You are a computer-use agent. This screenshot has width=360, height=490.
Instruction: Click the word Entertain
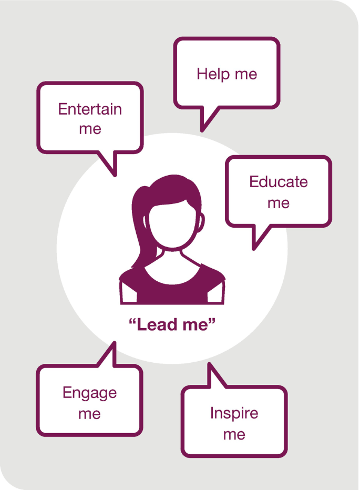tap(90, 109)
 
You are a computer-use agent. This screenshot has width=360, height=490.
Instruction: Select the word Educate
tap(278, 182)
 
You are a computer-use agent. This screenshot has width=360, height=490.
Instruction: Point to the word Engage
tap(89, 393)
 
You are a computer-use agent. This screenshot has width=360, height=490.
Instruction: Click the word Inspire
tap(234, 413)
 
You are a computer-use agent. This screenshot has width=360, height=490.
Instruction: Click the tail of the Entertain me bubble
tap(110, 163)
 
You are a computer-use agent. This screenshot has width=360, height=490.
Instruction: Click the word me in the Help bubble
tap(245, 74)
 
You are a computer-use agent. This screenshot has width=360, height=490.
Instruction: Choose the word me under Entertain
tap(90, 129)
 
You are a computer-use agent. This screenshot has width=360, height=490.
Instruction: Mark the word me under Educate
tap(278, 203)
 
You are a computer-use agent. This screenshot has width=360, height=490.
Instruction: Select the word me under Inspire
tap(234, 434)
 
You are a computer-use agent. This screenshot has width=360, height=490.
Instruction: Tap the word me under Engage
tap(89, 414)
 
